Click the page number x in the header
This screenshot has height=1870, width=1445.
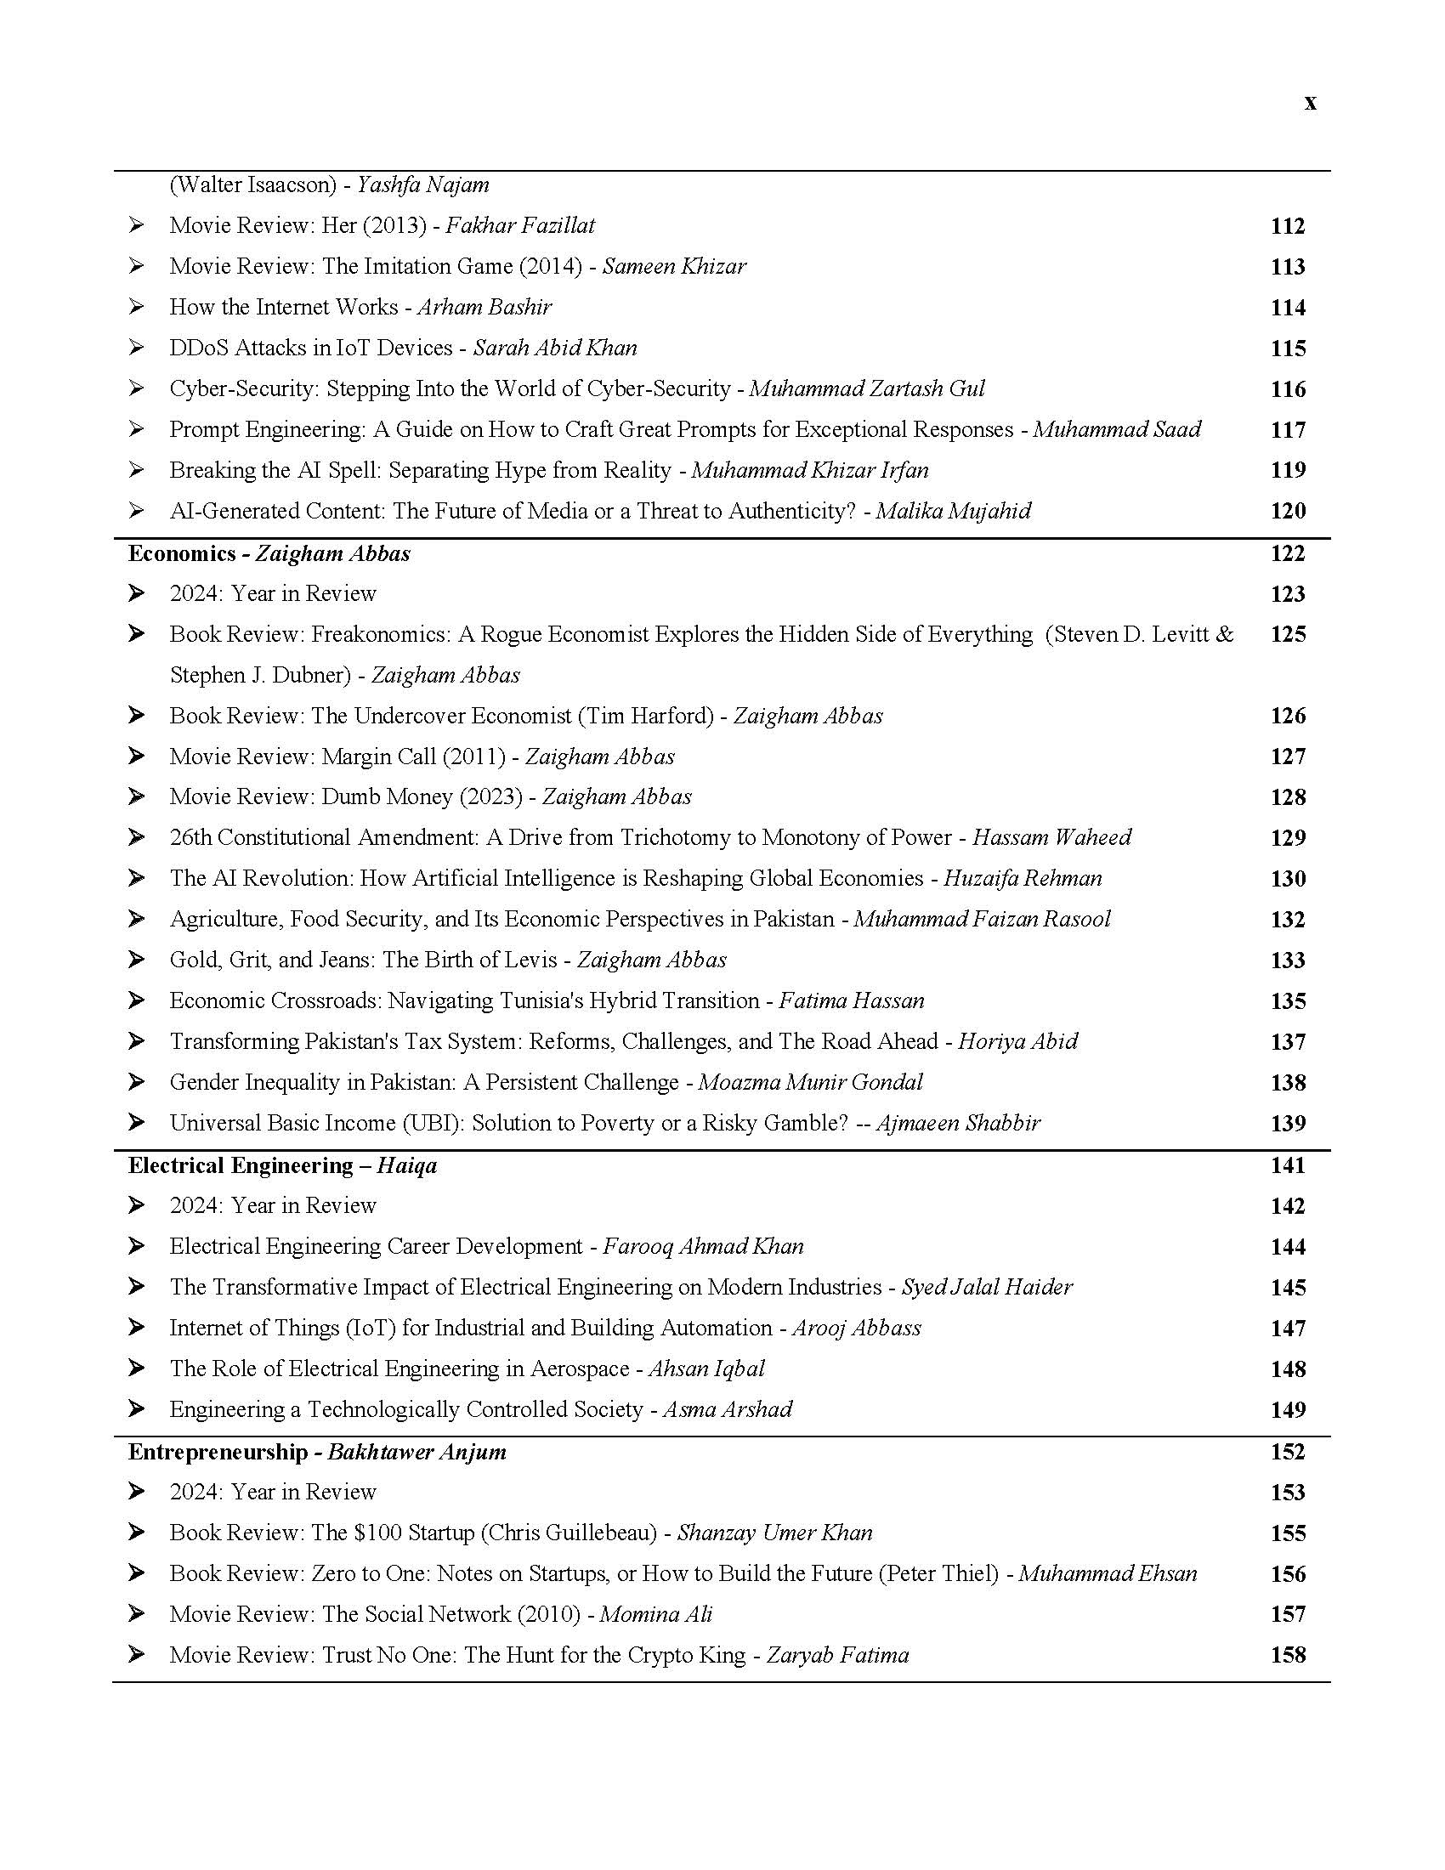pos(1310,103)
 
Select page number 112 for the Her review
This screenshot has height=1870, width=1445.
pos(1288,226)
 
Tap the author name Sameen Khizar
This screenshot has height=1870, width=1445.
pos(674,266)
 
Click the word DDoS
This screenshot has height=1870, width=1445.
pos(198,348)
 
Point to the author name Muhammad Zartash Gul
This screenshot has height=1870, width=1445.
pos(866,388)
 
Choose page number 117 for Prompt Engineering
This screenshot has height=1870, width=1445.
pos(1288,430)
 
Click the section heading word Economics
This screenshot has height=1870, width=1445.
pos(182,553)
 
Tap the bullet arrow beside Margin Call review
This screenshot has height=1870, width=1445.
pos(136,756)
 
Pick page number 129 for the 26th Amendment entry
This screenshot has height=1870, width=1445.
pos(1288,837)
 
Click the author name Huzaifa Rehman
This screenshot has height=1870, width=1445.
pos(1022,879)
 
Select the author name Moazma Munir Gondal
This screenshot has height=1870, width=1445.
pos(810,1082)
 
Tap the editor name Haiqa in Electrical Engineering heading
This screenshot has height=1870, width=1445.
pos(406,1165)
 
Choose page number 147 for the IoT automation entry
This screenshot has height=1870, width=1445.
pos(1288,1328)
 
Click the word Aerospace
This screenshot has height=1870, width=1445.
pos(580,1368)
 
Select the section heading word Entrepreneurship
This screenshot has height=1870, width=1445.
pos(218,1451)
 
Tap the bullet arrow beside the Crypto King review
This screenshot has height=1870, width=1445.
pos(136,1654)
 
